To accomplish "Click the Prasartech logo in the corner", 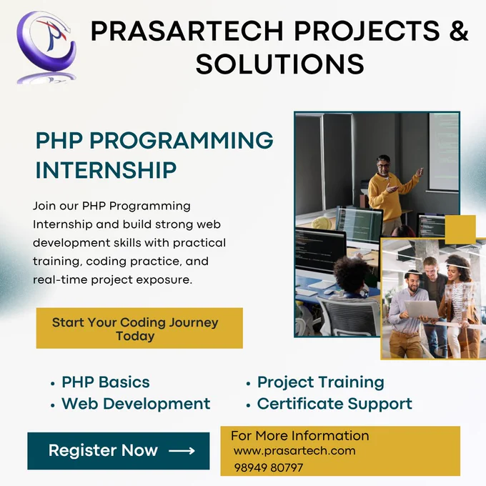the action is pyautogui.click(x=46, y=46).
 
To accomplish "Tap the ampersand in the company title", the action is pyautogui.click(x=458, y=30).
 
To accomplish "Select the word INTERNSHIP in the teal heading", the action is pyautogui.click(x=106, y=170).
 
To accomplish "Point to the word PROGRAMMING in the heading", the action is pyautogui.click(x=182, y=140).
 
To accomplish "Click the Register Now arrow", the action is pyautogui.click(x=182, y=450).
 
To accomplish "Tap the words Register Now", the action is pyautogui.click(x=103, y=450).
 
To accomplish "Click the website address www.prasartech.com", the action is pyautogui.click(x=294, y=451).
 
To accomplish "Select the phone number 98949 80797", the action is pyautogui.click(x=269, y=467).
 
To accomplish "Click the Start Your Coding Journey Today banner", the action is pyautogui.click(x=139, y=328).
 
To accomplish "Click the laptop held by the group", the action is pyautogui.click(x=422, y=309).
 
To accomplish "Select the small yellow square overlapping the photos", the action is pyautogui.click(x=460, y=229).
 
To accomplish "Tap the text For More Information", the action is pyautogui.click(x=299, y=436).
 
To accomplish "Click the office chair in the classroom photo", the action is pyautogui.click(x=347, y=316).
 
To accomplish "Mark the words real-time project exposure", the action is pyautogui.click(x=112, y=279).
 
